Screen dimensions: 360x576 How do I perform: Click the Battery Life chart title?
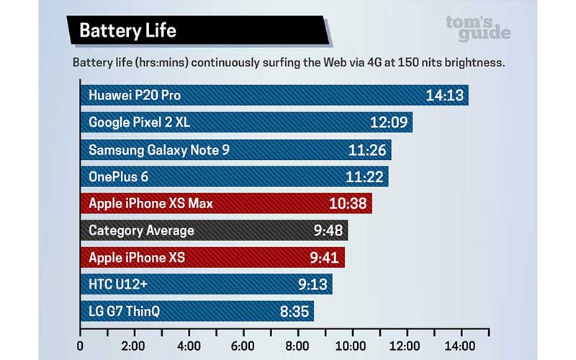pos(127,30)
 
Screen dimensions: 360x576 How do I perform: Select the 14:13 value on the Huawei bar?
pos(445,95)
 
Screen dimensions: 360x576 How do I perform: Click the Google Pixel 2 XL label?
pos(139,122)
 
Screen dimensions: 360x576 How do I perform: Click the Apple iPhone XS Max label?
pos(150,204)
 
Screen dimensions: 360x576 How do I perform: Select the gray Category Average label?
pos(141,230)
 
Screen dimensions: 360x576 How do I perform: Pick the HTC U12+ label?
pos(117,284)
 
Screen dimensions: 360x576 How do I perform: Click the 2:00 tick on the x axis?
pos(134,345)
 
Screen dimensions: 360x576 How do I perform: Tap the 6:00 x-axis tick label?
pos(243,345)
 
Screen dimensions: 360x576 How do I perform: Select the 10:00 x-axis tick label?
pos(352,345)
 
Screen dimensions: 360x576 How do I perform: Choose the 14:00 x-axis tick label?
pos(462,345)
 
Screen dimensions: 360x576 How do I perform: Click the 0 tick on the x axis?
pos(80,345)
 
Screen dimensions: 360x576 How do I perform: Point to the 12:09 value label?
pos(390,122)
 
